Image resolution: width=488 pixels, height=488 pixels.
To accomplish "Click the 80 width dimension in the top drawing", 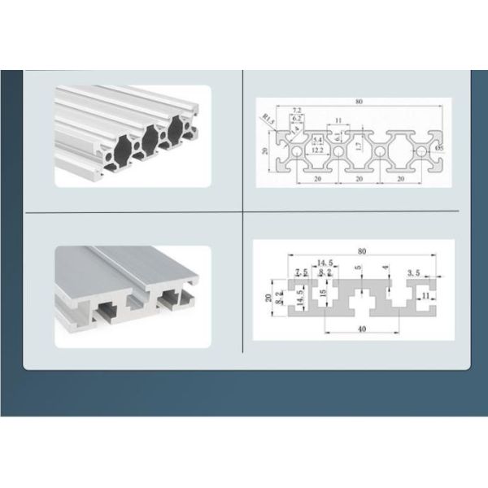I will pos(358,102).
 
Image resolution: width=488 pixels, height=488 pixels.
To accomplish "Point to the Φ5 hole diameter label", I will pos(438,149).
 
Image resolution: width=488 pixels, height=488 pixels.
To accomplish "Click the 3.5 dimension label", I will pos(413,275).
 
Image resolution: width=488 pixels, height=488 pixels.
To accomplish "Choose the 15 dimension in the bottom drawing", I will pos(322,293).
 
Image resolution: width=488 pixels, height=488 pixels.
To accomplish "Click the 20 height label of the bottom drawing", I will pos(269,297).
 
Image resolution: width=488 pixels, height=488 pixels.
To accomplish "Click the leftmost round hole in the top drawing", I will pos(298,151).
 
